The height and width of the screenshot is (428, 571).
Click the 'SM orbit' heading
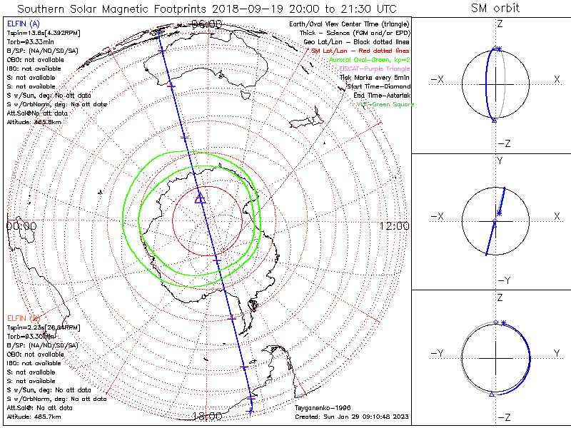coord(495,9)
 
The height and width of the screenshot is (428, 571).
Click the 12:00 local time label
coord(394,225)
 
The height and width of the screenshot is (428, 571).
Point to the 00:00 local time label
coord(21,225)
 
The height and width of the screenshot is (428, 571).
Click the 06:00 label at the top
coord(207,24)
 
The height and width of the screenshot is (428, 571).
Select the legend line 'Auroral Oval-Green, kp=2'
coord(370,60)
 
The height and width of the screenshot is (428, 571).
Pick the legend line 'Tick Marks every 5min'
coord(375,77)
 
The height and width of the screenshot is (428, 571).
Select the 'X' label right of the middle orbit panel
coord(557,216)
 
